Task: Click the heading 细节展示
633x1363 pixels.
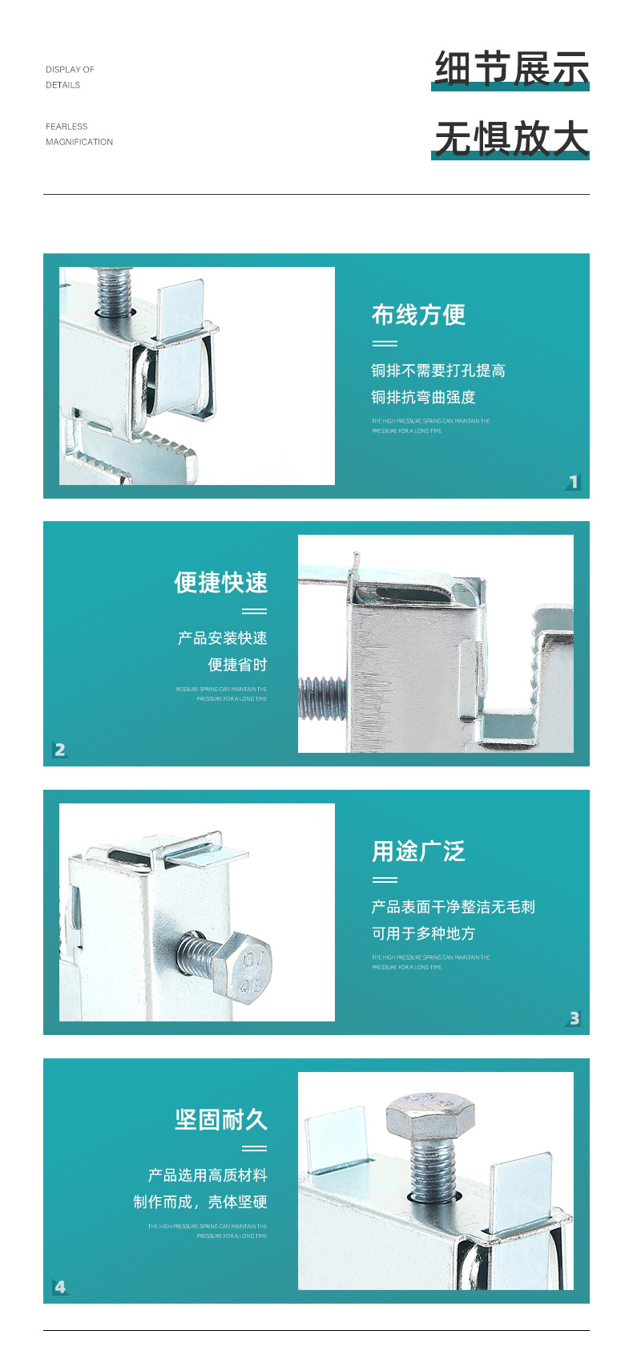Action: tap(511, 68)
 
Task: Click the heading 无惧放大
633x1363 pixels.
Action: tap(511, 138)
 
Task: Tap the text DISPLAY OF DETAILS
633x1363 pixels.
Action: tap(70, 77)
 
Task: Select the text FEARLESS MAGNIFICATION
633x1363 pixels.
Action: tap(79, 134)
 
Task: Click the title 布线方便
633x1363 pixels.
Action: tap(418, 315)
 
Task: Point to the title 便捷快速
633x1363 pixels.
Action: tap(220, 583)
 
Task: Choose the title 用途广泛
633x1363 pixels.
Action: tap(418, 851)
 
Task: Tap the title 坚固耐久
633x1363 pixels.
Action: tap(220, 1120)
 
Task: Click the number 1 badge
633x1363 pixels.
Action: tap(573, 482)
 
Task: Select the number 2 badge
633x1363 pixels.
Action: tap(60, 750)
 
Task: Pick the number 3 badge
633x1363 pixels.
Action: tap(574, 1018)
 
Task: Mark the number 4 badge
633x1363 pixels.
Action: tap(60, 1287)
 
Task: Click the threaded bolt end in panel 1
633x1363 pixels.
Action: tap(113, 291)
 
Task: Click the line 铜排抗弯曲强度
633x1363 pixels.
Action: tap(423, 398)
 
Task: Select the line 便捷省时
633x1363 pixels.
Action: tap(237, 665)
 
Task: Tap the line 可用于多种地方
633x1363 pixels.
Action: tap(423, 934)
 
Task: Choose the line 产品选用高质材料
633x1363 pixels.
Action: tap(208, 1175)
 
